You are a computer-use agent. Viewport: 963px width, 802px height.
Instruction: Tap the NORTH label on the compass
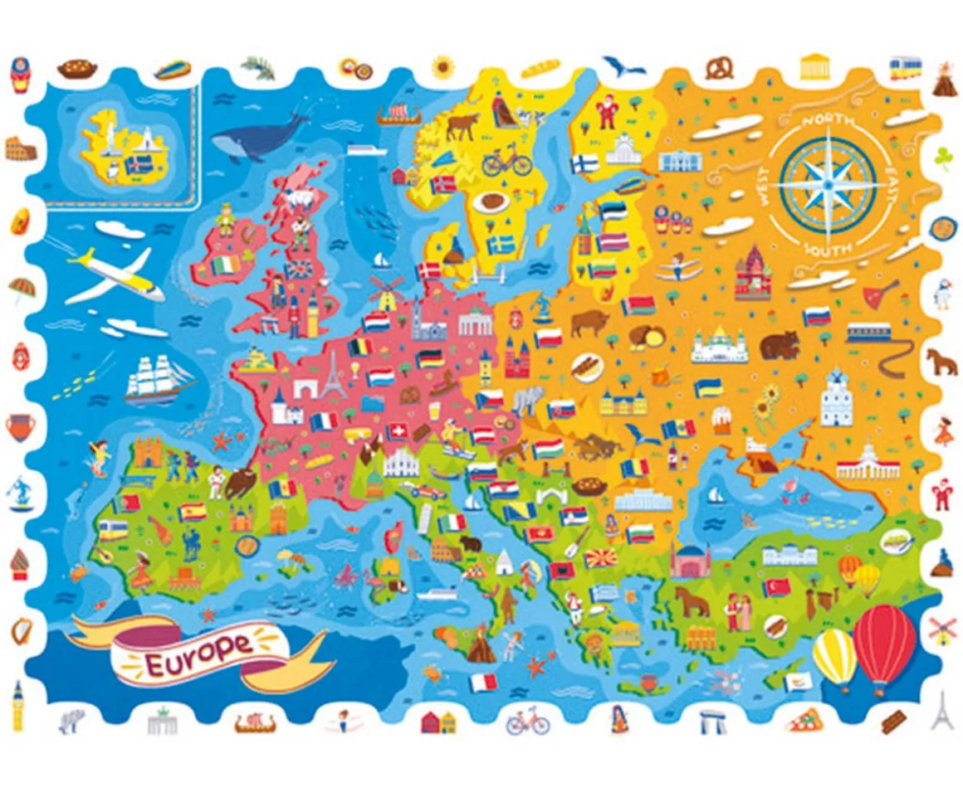[827, 122]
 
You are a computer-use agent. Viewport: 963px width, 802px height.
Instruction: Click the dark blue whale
[257, 138]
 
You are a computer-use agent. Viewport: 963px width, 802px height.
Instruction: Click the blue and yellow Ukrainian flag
[708, 387]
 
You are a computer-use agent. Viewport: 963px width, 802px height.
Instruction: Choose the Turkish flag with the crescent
[777, 587]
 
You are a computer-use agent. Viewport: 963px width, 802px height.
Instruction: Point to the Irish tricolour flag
[225, 265]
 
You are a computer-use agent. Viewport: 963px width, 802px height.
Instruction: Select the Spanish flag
[191, 512]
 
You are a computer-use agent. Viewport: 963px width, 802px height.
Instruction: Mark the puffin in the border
[942, 291]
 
